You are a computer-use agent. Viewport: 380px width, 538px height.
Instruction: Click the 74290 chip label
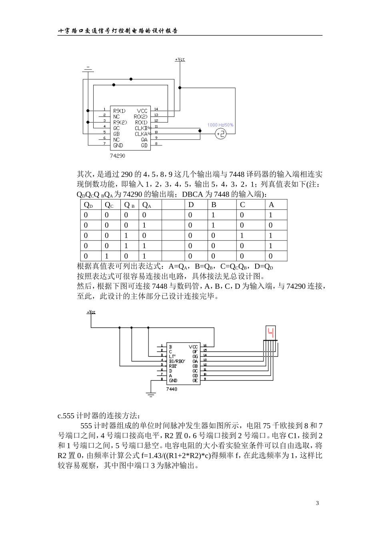pyautogui.click(x=118, y=155)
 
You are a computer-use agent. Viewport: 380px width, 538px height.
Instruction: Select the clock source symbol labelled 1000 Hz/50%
pyautogui.click(x=220, y=134)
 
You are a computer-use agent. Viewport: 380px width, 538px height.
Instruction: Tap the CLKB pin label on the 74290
pyautogui.click(x=141, y=128)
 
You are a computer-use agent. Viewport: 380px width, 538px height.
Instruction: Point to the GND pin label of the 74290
pyautogui.click(x=118, y=145)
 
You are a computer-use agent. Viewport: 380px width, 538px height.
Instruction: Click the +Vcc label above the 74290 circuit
pyautogui.click(x=180, y=60)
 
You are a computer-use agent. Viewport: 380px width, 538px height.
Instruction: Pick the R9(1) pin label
pyautogui.click(x=119, y=110)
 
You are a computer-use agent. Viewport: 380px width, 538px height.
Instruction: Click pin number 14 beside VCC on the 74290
pyautogui.click(x=156, y=109)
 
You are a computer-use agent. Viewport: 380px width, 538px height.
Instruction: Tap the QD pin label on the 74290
pyautogui.click(x=144, y=145)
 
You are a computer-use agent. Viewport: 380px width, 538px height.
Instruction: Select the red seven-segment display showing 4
pyautogui.click(x=271, y=332)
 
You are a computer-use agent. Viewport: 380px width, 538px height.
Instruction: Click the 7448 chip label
pyautogui.click(x=172, y=389)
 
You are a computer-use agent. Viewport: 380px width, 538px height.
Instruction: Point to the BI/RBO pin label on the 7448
pyautogui.click(x=177, y=361)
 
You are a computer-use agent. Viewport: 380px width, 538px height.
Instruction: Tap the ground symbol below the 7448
pyautogui.click(x=151, y=394)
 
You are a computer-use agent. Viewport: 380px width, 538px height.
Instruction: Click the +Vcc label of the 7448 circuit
pyautogui.click(x=91, y=312)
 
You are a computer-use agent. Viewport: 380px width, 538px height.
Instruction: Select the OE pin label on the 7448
pyautogui.click(x=195, y=381)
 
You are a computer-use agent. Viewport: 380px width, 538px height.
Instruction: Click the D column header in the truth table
pyautogui.click(x=191, y=205)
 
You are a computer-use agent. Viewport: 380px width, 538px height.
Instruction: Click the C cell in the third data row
pyautogui.click(x=242, y=236)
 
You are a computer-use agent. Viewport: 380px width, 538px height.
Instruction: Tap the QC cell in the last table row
pyautogui.click(x=107, y=256)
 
